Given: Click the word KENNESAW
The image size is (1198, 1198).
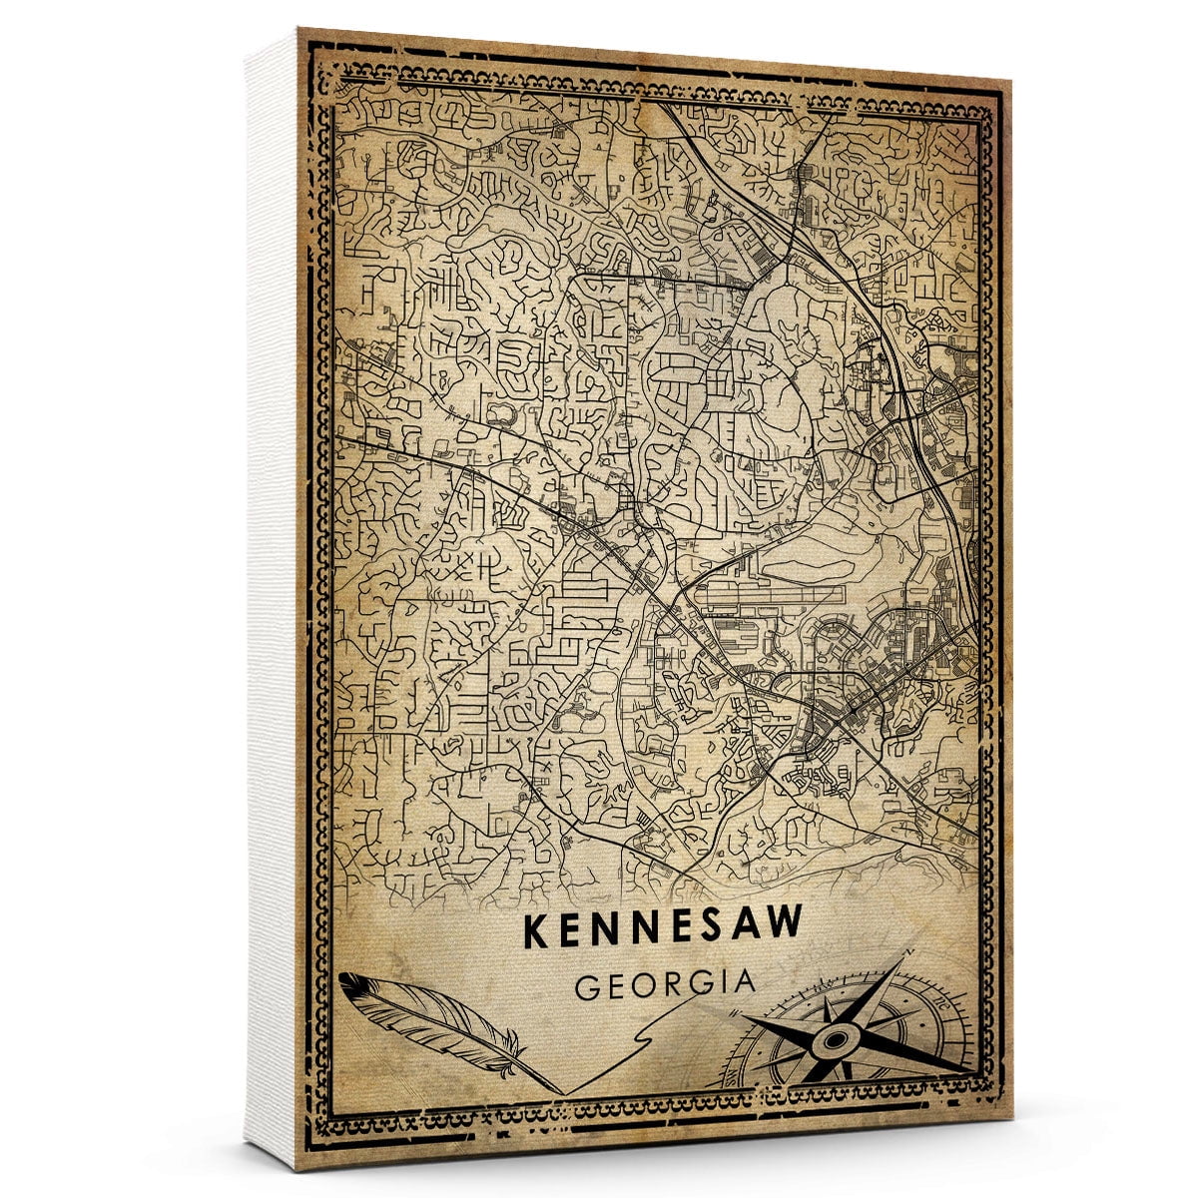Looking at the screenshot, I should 663,927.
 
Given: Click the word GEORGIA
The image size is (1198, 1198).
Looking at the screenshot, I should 665,984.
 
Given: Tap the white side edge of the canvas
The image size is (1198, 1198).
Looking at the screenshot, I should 270,599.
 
